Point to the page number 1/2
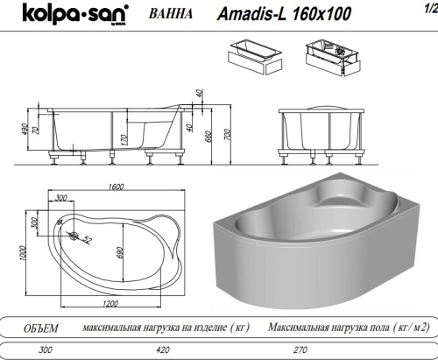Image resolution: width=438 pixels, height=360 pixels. tap(427, 9)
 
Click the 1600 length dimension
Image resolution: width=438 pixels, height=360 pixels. tap(110, 188)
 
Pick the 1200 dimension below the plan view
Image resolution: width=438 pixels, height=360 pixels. tap(109, 303)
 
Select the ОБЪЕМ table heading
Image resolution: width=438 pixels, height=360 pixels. tap(39, 328)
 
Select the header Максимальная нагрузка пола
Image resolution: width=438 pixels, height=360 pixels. tap(350, 328)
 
